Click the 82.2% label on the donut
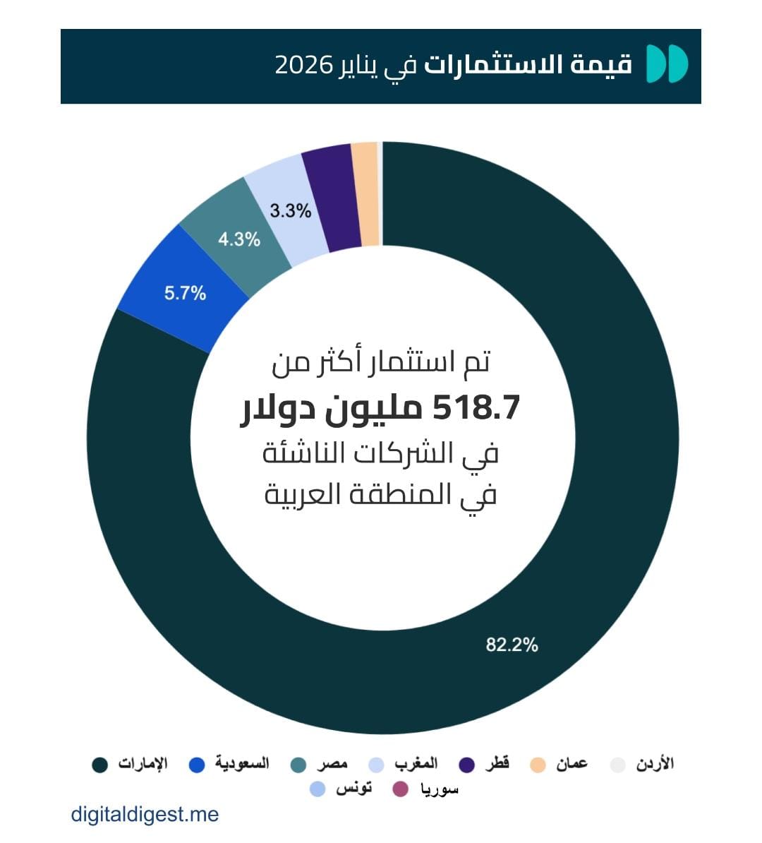pos(512,644)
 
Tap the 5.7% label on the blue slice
pos(185,292)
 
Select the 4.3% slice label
pos(238,239)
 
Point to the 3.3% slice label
pos(290,210)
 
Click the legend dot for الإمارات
pos(100,765)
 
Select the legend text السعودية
pos(242,763)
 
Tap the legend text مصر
pos(332,763)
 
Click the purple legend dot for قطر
pos(466,765)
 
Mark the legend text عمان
pos(571,763)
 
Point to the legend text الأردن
pos(655,763)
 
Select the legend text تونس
pos(353,788)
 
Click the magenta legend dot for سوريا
pos(400,789)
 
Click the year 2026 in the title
pos(303,66)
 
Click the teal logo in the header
pos(667,64)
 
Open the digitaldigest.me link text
pos(145,814)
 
